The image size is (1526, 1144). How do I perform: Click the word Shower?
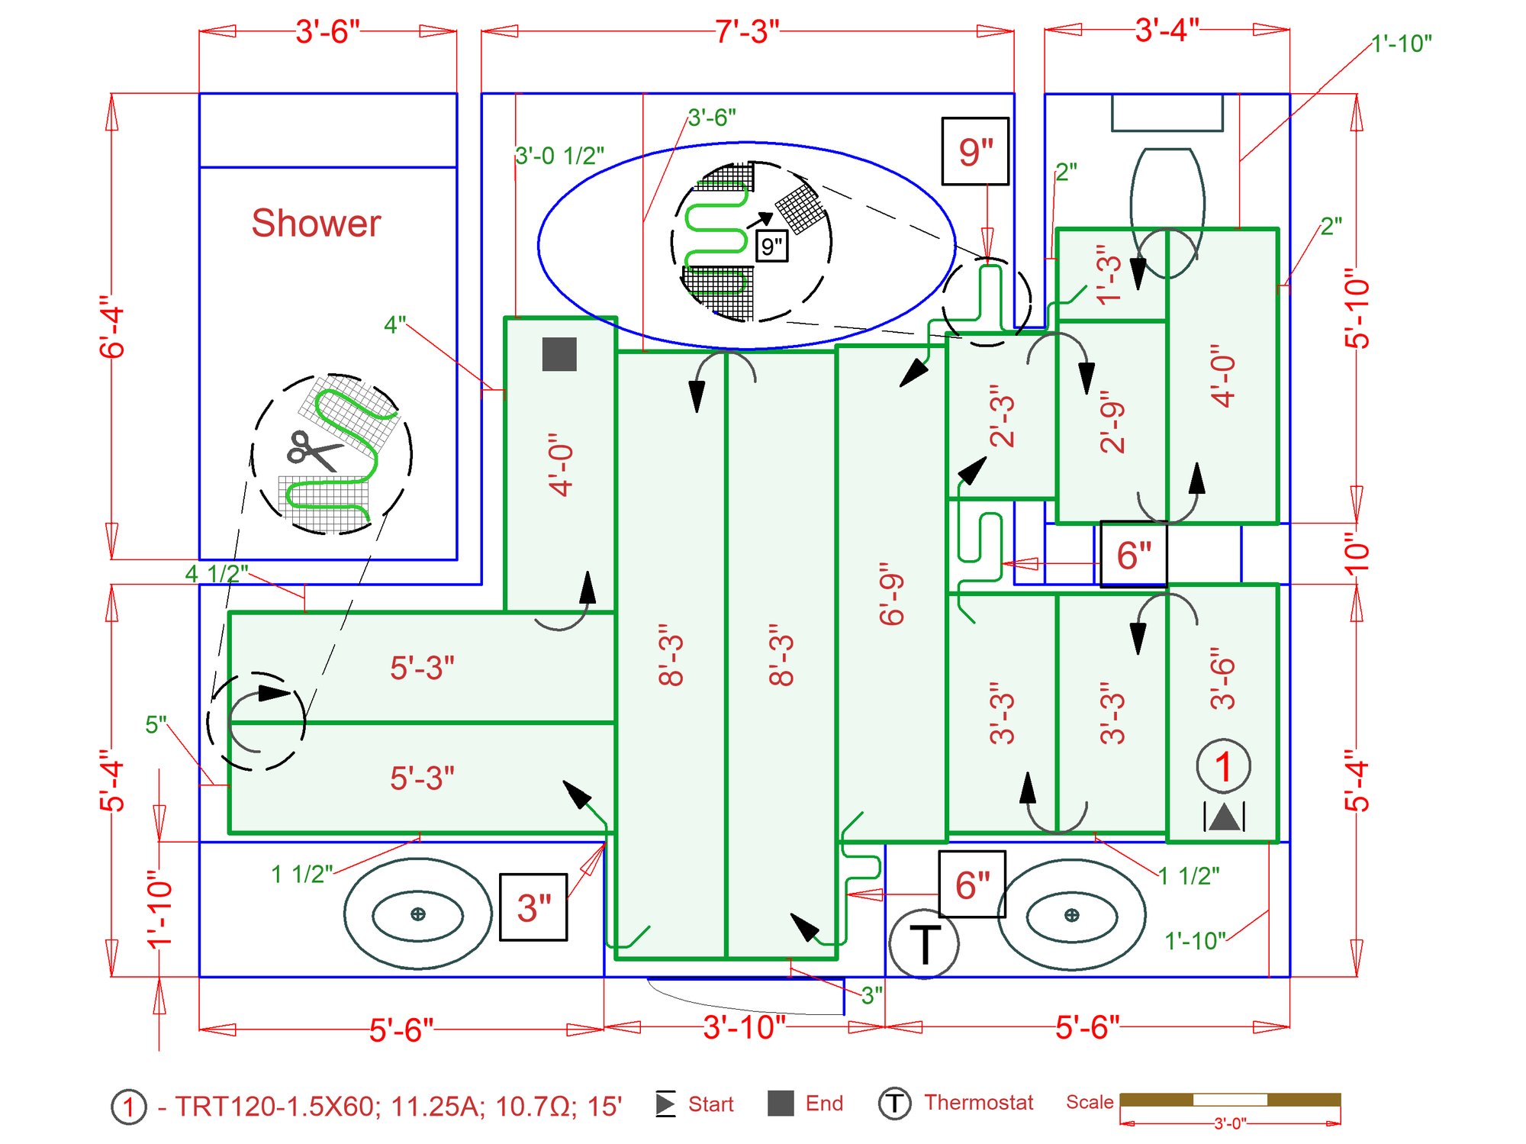pos(316,224)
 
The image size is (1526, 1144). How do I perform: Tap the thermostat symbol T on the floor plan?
pos(924,945)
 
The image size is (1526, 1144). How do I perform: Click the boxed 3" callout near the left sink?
pos(533,907)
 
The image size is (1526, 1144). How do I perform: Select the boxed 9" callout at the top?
pos(975,151)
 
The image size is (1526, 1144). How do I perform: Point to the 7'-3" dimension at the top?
pos(747,32)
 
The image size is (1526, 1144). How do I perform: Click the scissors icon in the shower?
pos(312,450)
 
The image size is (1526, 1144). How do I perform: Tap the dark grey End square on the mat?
pos(559,355)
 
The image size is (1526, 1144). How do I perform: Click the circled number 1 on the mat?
pos(1223,766)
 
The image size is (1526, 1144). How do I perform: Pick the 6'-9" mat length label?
pos(891,595)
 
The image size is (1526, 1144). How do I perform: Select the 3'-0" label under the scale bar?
pos(1230,1123)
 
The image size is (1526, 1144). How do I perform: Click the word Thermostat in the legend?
pos(978,1103)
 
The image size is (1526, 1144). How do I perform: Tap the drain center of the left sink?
pos(417,914)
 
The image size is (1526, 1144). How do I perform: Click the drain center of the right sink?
pos(1071,915)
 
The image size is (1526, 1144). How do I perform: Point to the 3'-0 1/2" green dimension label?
pos(559,156)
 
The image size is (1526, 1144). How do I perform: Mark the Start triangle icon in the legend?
pos(665,1104)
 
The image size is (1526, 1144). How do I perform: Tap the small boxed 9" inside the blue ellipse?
pos(771,247)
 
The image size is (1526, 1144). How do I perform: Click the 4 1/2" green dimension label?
pos(217,573)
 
